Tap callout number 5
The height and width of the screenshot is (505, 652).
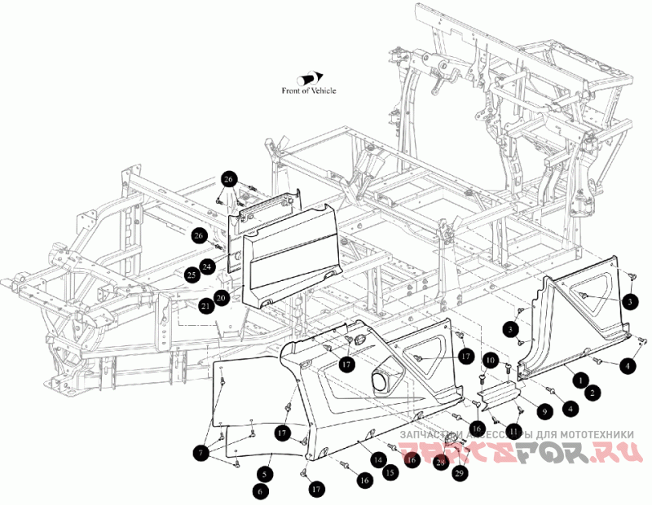point(266,472)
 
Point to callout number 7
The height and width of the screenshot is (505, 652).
point(200,450)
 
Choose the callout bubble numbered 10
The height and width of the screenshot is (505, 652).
point(491,358)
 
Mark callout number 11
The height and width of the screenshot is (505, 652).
point(514,430)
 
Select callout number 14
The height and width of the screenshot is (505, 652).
point(378,459)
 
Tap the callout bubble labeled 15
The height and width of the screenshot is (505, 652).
point(389,472)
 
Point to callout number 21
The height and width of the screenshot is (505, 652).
point(205,305)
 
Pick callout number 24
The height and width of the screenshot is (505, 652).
point(207,266)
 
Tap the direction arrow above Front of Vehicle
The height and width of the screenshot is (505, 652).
point(312,77)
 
